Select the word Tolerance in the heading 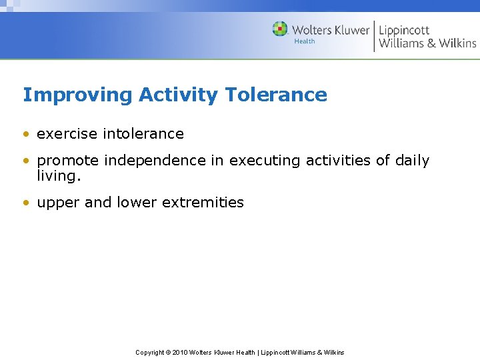point(276,95)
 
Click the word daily point(411,161)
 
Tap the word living point(59,176)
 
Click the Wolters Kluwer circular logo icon point(280,29)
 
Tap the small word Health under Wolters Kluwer point(305,41)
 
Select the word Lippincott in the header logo point(404,30)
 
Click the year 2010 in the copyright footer point(180,353)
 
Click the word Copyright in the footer point(151,353)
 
